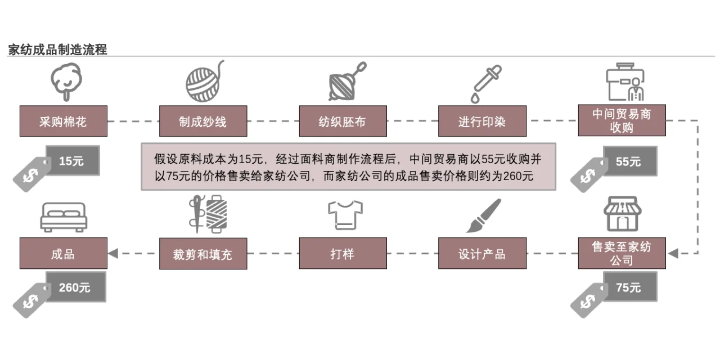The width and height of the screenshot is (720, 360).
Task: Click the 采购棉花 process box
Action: click(63, 121)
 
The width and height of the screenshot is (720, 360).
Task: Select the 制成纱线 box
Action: click(202, 121)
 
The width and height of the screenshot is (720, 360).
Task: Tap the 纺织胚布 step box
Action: click(343, 121)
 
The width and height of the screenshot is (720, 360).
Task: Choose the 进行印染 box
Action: click(482, 121)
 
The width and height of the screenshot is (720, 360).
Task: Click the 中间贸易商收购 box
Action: click(622, 120)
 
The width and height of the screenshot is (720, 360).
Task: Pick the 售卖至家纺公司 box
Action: click(622, 253)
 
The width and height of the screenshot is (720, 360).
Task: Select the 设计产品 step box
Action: click(482, 253)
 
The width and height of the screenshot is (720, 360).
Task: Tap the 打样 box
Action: click(343, 253)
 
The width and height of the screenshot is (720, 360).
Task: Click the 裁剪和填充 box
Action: click(202, 253)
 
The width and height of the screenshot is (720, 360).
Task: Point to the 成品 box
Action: click(63, 253)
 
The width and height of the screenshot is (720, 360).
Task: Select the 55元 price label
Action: click(629, 161)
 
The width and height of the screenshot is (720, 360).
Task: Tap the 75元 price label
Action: click(629, 287)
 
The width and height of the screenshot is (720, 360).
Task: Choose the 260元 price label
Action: click(75, 287)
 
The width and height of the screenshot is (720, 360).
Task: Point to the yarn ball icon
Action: click(204, 81)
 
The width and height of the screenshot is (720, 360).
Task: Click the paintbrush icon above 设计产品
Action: click(483, 216)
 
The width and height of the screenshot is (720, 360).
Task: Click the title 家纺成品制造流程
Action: click(57, 49)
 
